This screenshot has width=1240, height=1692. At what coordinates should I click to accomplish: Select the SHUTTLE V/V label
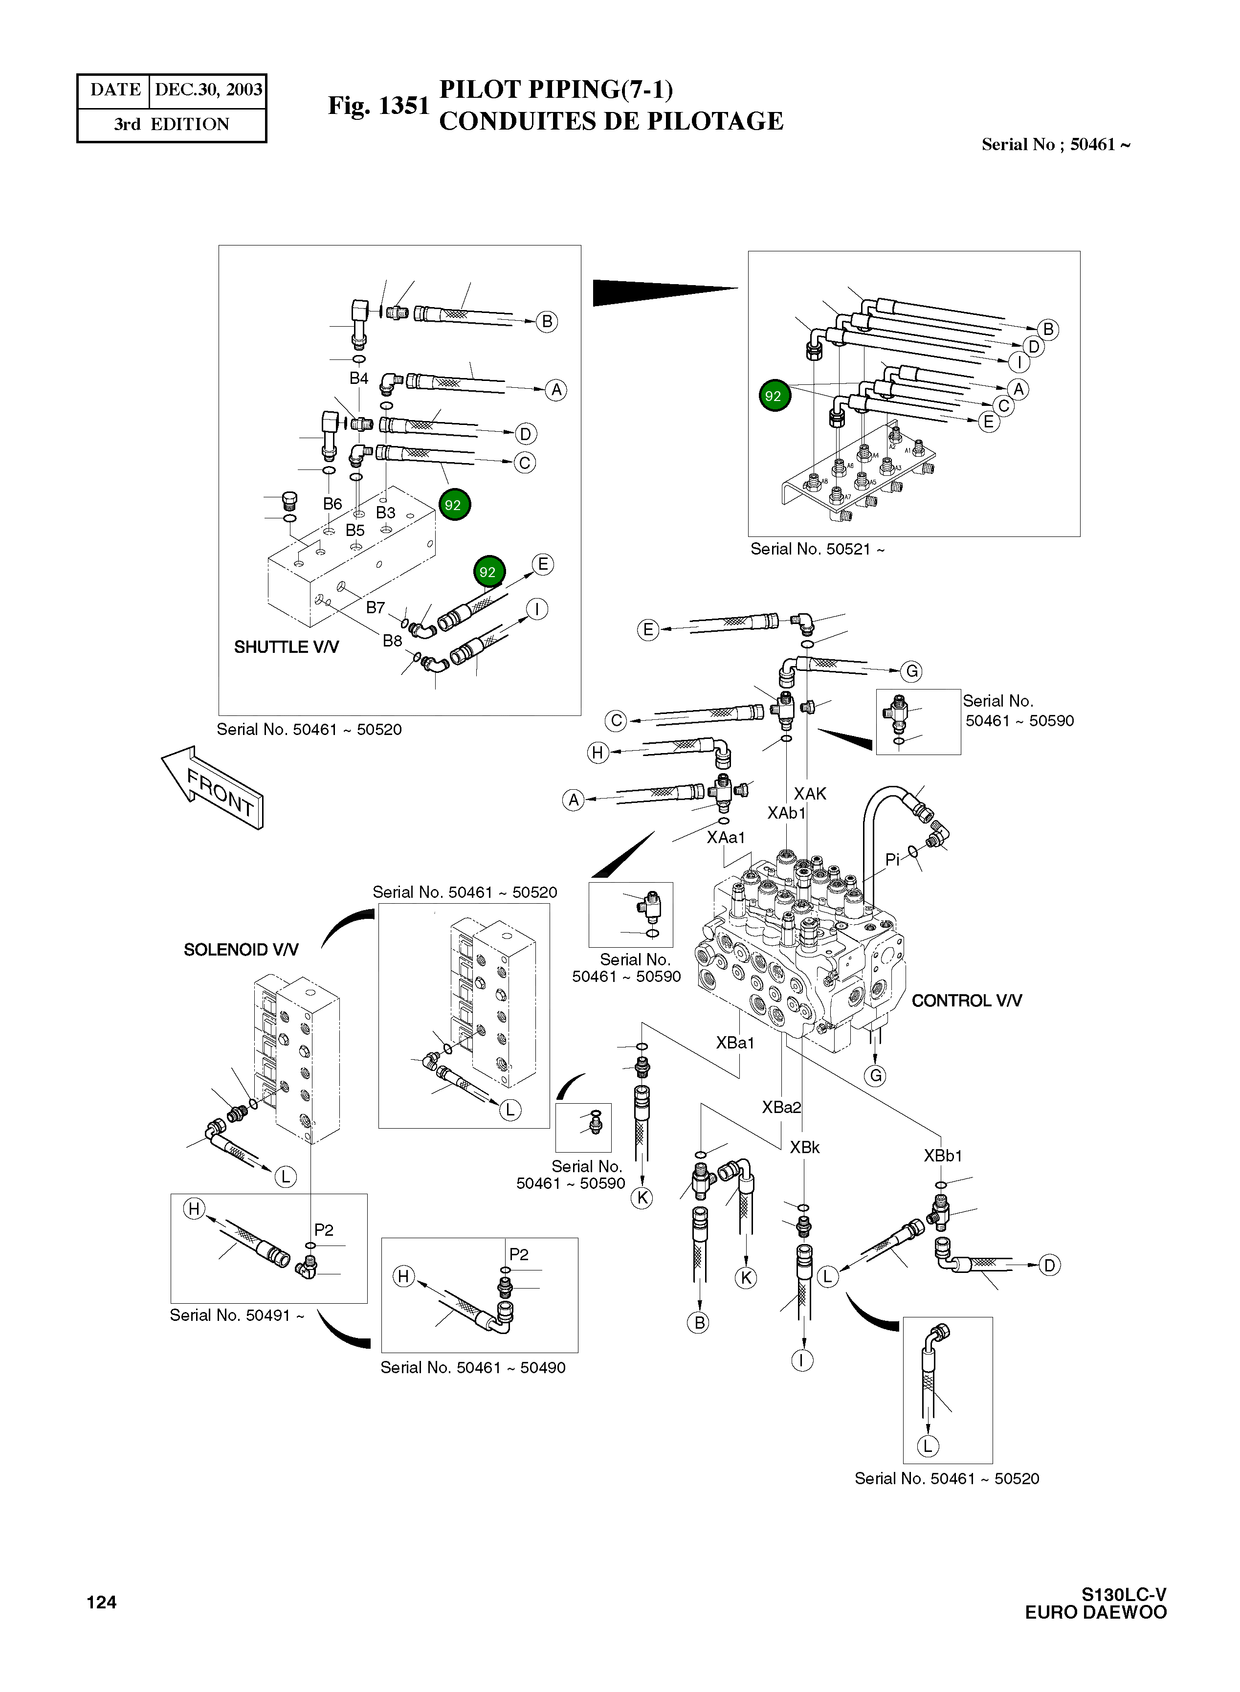286,647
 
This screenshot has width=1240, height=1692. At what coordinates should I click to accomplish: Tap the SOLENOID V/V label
241,950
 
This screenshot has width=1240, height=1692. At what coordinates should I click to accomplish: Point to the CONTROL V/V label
966,1001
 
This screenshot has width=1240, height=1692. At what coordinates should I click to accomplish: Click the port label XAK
810,794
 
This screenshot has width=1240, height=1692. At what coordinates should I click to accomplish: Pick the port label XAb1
786,813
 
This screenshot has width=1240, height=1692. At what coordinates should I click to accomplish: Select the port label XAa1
726,837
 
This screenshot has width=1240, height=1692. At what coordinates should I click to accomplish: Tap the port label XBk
805,1147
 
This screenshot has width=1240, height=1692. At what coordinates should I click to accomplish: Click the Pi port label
892,860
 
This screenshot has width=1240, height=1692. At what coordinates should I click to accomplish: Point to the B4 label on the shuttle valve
359,378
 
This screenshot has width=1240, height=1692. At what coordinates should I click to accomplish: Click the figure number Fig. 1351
378,106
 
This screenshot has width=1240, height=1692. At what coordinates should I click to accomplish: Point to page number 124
101,1602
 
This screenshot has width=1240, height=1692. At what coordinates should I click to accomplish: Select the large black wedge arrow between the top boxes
661,291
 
